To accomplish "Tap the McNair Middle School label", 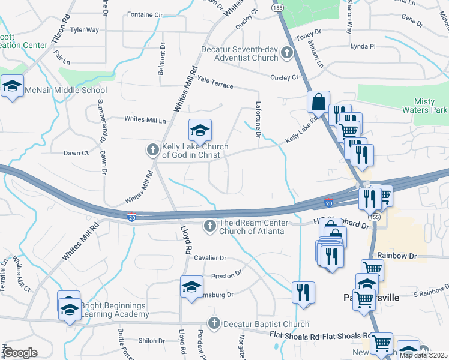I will coord(65,91).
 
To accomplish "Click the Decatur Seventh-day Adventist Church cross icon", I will coord(287,53).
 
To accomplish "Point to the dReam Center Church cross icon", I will coord(210,226).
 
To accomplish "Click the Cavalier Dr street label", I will coord(210,258).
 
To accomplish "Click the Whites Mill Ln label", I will coord(145,119).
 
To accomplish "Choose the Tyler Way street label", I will coord(85,29).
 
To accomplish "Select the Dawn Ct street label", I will coord(77,154).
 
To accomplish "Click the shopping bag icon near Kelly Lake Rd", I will coord(318,102).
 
